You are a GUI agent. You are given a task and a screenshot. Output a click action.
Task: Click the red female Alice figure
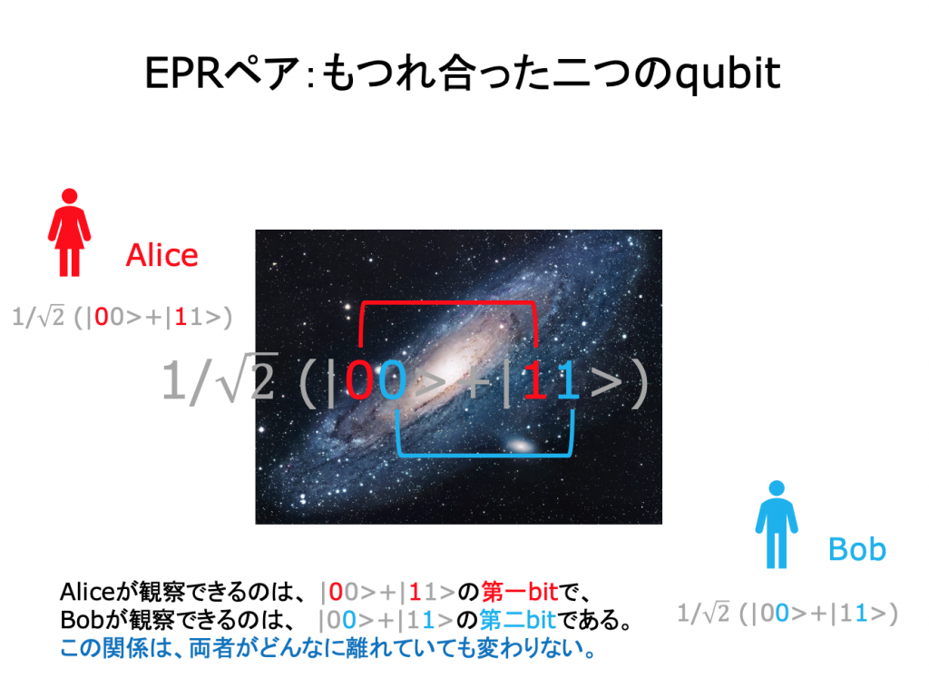pyautogui.click(x=69, y=232)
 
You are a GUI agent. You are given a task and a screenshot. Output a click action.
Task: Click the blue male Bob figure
pyautogui.click(x=777, y=525)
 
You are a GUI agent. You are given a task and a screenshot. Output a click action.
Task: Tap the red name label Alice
pyautogui.click(x=161, y=255)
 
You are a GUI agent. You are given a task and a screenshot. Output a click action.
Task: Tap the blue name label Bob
pyautogui.click(x=856, y=549)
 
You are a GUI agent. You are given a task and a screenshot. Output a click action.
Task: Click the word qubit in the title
pyautogui.click(x=728, y=74)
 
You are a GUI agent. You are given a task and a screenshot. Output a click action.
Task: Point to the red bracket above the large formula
pyautogui.click(x=448, y=303)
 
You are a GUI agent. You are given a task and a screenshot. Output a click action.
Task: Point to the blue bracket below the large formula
pyautogui.click(x=484, y=455)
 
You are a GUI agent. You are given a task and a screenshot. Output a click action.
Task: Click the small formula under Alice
pyautogui.click(x=122, y=317)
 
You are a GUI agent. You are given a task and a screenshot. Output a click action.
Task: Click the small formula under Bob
pyautogui.click(x=787, y=613)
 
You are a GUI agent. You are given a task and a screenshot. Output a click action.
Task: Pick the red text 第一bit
pyautogui.click(x=520, y=592)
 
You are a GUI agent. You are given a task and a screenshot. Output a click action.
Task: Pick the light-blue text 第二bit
pyautogui.click(x=517, y=620)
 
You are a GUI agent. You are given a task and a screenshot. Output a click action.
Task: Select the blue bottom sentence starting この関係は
pyautogui.click(x=328, y=648)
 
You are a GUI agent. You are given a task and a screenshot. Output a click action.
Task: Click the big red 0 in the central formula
pyautogui.click(x=359, y=380)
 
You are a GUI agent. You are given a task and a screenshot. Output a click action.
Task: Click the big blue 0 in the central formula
pyautogui.click(x=392, y=380)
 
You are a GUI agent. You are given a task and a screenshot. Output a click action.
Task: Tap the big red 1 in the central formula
pyautogui.click(x=535, y=380)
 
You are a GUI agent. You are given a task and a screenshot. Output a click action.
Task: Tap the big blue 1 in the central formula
pyautogui.click(x=567, y=380)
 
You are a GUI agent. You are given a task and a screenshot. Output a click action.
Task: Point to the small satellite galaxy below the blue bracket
pyautogui.click(x=520, y=445)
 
